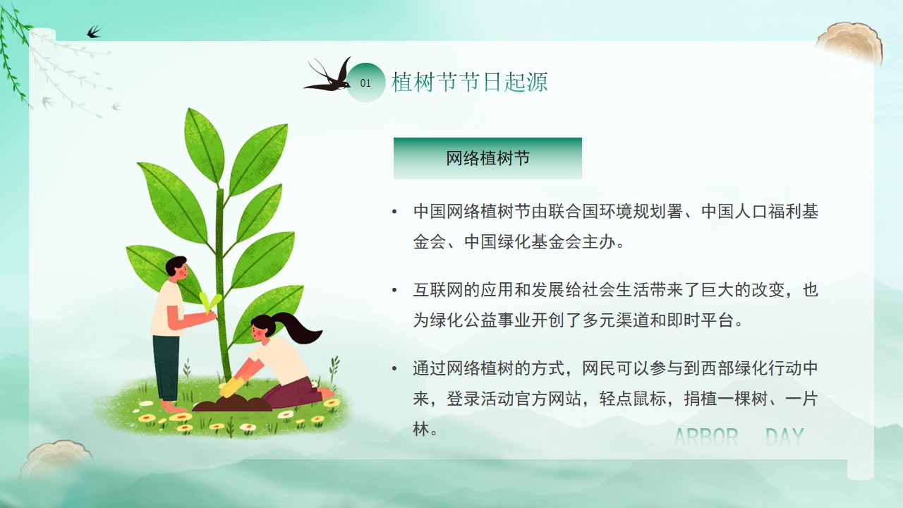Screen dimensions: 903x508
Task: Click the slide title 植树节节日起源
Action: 470,83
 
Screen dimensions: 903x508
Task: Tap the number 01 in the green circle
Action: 365,83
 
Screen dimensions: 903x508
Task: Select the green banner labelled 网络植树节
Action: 487,158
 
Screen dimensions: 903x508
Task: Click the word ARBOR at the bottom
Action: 706,437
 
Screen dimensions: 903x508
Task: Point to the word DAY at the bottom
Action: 784,437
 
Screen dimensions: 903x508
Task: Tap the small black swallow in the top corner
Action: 94,32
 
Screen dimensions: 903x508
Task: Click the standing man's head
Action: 176,267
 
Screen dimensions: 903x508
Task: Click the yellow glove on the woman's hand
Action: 231,386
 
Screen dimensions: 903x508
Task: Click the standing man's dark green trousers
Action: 166,368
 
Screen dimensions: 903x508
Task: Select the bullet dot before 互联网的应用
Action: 394,290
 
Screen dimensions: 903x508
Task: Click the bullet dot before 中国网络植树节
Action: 394,212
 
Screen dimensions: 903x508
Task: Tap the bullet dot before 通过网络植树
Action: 394,368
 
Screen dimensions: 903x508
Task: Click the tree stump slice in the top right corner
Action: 850,44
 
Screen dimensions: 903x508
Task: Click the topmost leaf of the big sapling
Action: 204,146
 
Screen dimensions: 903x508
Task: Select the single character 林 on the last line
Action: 421,429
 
